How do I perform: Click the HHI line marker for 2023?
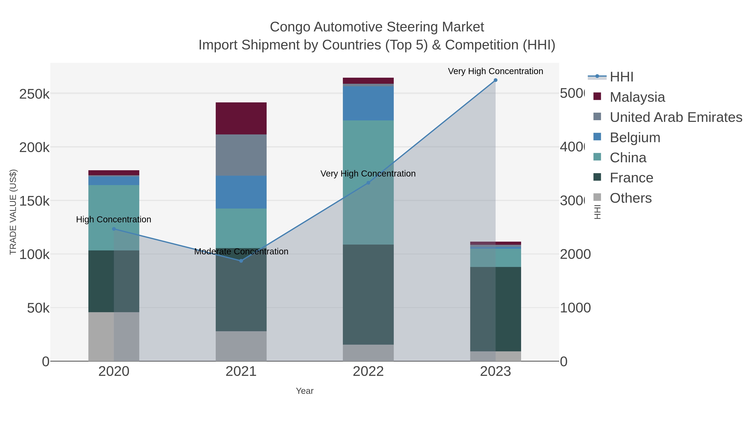click(x=495, y=80)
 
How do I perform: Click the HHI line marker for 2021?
click(x=241, y=261)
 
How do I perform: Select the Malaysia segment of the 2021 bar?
click(x=241, y=118)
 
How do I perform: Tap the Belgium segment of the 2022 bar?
click(x=368, y=103)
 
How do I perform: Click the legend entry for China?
click(x=628, y=158)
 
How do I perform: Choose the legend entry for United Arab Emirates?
click(x=675, y=117)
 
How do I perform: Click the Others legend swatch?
click(x=597, y=197)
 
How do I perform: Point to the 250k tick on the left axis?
click(x=34, y=94)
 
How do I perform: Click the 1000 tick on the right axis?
click(x=575, y=308)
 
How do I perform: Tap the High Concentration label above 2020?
click(x=114, y=219)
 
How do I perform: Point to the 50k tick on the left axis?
click(x=38, y=308)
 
